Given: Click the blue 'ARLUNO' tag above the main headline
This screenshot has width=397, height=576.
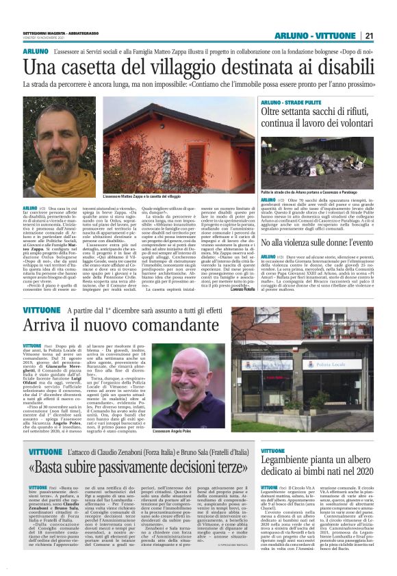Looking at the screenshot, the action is pos(34,52).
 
